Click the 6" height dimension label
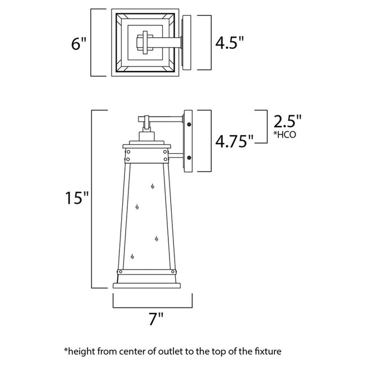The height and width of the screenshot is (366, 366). (x=79, y=43)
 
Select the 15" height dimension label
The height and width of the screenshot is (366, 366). (x=78, y=199)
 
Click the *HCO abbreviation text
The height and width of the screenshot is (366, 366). (x=284, y=136)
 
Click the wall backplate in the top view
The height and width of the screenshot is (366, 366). (x=186, y=43)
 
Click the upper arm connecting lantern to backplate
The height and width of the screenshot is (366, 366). (x=167, y=119)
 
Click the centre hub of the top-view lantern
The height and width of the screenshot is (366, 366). (x=145, y=43)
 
